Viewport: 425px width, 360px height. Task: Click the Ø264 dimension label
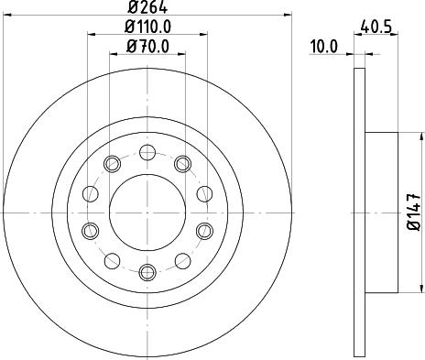(x=147, y=7)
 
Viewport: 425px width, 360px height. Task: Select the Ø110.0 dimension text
(x=147, y=27)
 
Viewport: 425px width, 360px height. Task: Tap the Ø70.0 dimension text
(x=147, y=47)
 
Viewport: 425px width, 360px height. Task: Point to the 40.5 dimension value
(x=376, y=27)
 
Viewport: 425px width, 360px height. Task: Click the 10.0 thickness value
(x=324, y=47)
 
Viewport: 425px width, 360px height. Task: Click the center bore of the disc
(x=147, y=213)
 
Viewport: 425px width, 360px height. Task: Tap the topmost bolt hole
(x=147, y=153)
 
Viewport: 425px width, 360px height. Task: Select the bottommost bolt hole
(x=147, y=272)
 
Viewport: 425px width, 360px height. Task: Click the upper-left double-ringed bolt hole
(x=112, y=164)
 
